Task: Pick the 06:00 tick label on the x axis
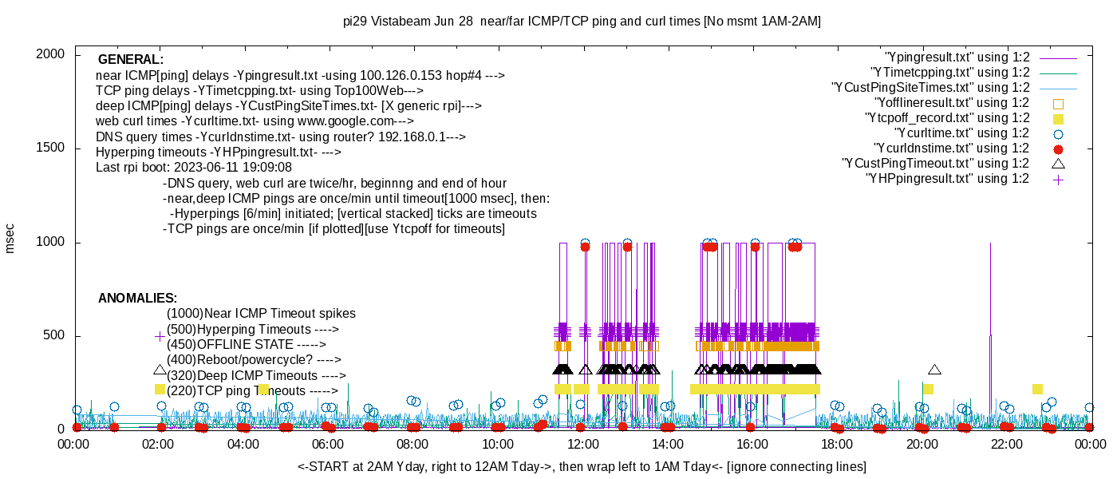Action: click(x=328, y=445)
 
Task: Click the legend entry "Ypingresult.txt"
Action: click(x=957, y=57)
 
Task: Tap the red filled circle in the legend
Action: click(x=1059, y=149)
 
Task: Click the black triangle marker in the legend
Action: click(x=1059, y=164)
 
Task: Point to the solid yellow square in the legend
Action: click(x=1059, y=118)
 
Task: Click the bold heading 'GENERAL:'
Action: click(x=131, y=60)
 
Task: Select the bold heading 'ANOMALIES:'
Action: click(x=137, y=299)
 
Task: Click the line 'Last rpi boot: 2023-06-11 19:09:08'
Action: click(x=194, y=168)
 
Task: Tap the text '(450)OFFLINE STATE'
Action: click(x=230, y=345)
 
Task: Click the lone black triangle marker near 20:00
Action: click(x=934, y=370)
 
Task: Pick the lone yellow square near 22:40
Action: click(x=1037, y=390)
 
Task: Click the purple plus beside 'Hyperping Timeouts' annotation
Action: click(x=160, y=337)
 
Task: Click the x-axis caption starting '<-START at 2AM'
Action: click(x=582, y=466)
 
